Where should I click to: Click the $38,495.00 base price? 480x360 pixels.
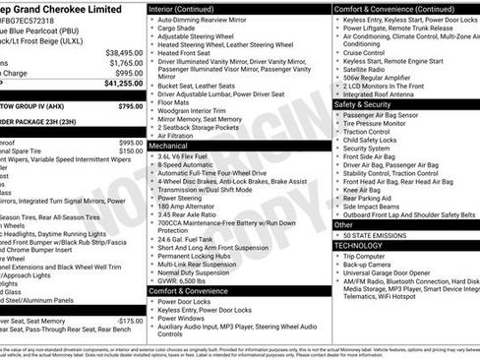coord(124,52)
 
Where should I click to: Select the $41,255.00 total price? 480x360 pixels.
coord(124,86)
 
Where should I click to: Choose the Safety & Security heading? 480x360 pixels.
coord(369,104)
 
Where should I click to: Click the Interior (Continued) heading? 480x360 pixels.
coord(188,9)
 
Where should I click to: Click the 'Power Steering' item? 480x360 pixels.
coord(180,198)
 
